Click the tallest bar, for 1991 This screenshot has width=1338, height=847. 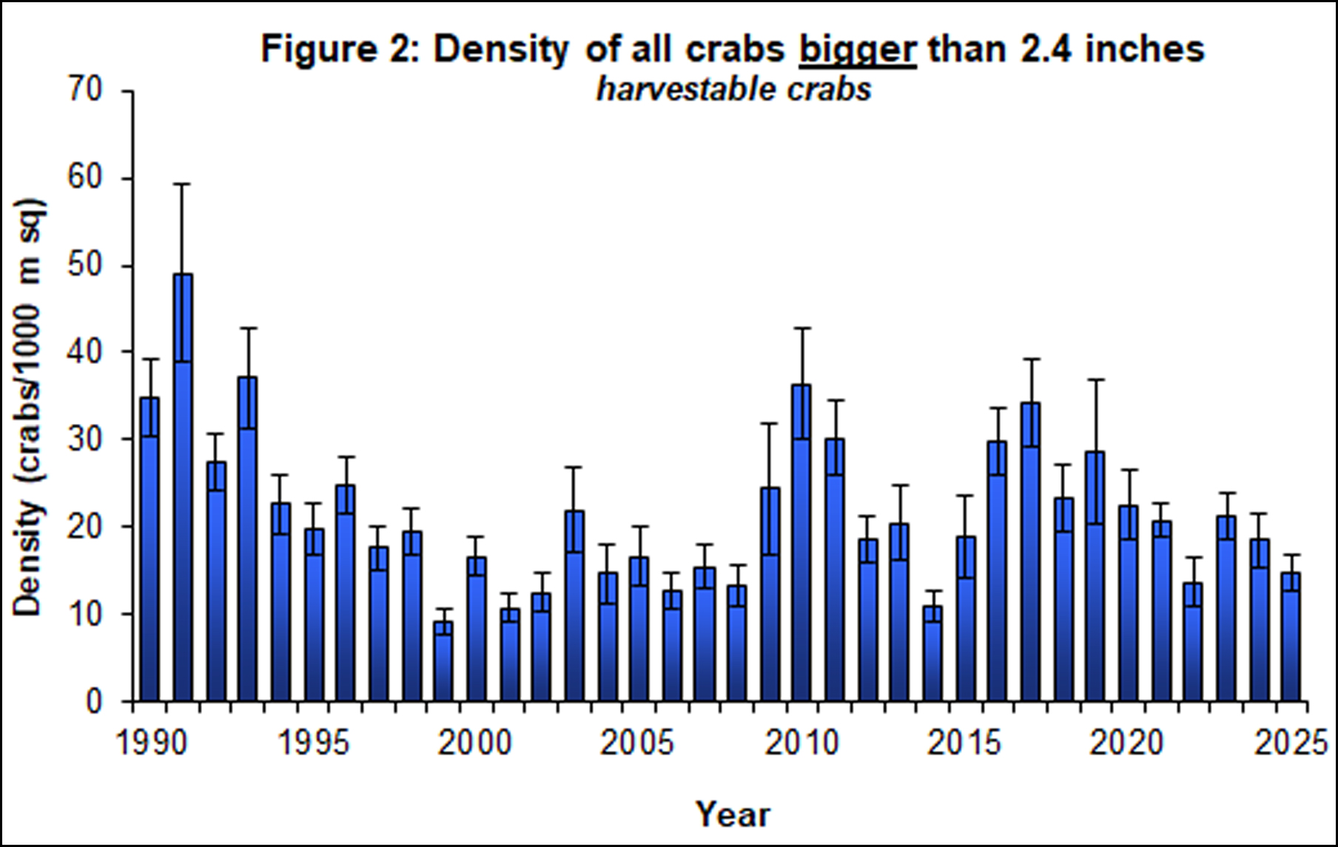click(x=183, y=488)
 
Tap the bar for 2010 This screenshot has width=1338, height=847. click(x=801, y=543)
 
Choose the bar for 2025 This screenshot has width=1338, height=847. click(x=1291, y=636)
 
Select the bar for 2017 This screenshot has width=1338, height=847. click(x=1030, y=552)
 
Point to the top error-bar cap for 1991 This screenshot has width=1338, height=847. click(x=183, y=183)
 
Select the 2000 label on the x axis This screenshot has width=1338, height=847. click(x=474, y=743)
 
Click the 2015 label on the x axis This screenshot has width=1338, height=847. click(x=964, y=743)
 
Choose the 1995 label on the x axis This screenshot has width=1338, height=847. click(x=312, y=743)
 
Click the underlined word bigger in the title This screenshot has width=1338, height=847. click(x=858, y=50)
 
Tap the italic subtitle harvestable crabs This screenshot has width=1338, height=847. click(x=733, y=90)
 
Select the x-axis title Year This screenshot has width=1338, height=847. click(x=733, y=814)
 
